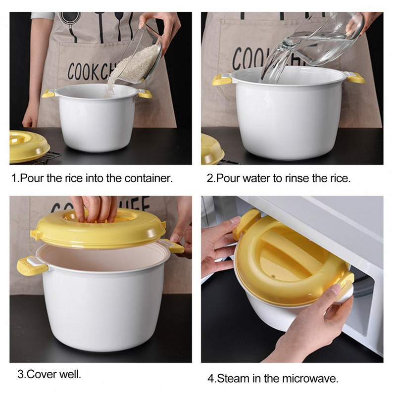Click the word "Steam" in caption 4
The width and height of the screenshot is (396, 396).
[232, 379]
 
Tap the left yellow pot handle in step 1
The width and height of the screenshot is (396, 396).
[48, 94]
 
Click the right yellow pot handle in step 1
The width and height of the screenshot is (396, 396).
[145, 95]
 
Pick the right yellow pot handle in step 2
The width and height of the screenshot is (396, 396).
[355, 78]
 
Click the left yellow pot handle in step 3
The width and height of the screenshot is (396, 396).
[32, 266]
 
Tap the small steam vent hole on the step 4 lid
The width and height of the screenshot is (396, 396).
[273, 276]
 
